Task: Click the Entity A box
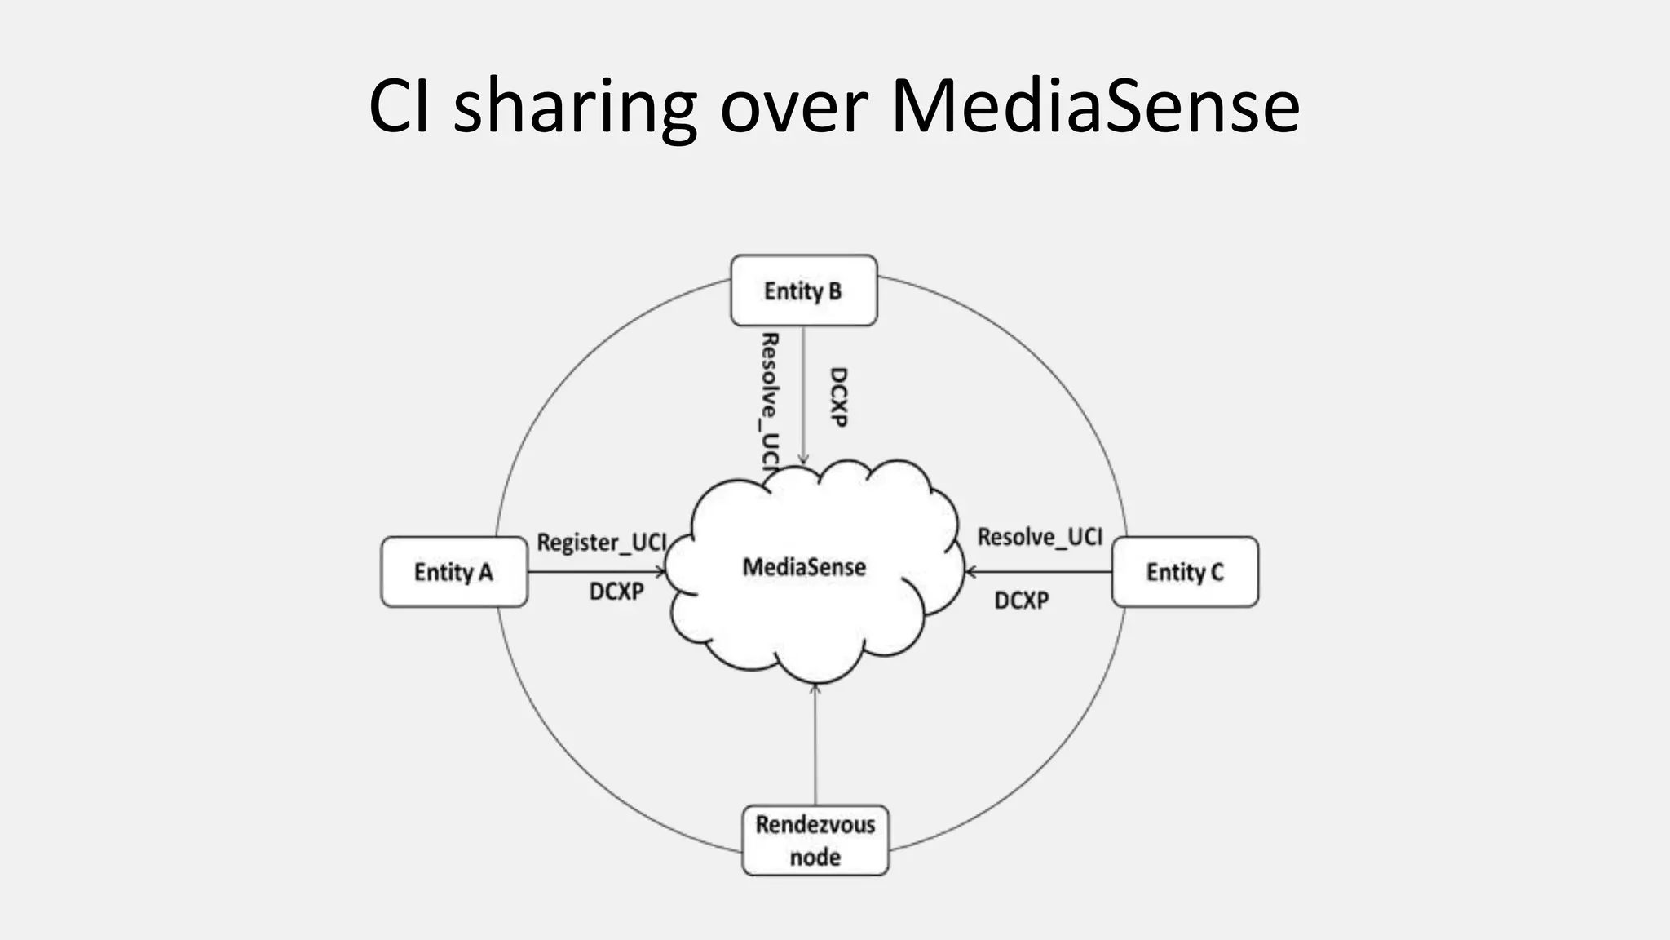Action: click(x=454, y=572)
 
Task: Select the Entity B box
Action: click(x=803, y=290)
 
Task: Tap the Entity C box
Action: click(x=1185, y=572)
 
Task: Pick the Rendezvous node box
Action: click(x=815, y=840)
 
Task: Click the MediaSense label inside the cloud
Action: click(x=804, y=567)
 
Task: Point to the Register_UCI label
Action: click(x=602, y=542)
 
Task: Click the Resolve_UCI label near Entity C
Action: click(x=1040, y=537)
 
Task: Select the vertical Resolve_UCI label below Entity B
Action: click(x=769, y=400)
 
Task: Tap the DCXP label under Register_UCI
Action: click(x=616, y=592)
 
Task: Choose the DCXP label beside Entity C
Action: click(x=1022, y=601)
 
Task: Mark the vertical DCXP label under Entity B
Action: click(x=838, y=397)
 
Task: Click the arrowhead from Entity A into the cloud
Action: click(x=662, y=572)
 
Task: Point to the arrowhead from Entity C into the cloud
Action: click(x=970, y=572)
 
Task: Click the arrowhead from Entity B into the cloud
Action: click(x=803, y=460)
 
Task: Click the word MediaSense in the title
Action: click(x=1094, y=106)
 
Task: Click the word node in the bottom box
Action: click(x=815, y=857)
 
